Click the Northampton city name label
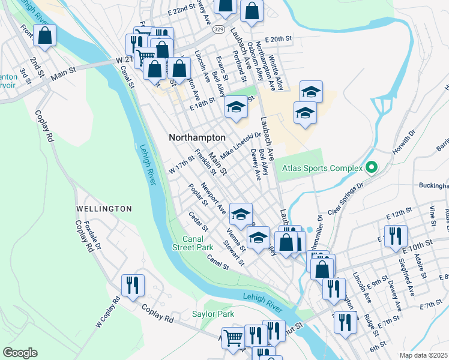click(x=197, y=137)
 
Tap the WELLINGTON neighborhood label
click(x=104, y=208)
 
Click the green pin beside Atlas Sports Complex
click(x=371, y=168)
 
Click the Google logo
click(x=20, y=353)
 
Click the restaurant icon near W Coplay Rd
click(x=131, y=284)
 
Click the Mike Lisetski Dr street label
click(x=240, y=145)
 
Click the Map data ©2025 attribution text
click(x=423, y=355)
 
